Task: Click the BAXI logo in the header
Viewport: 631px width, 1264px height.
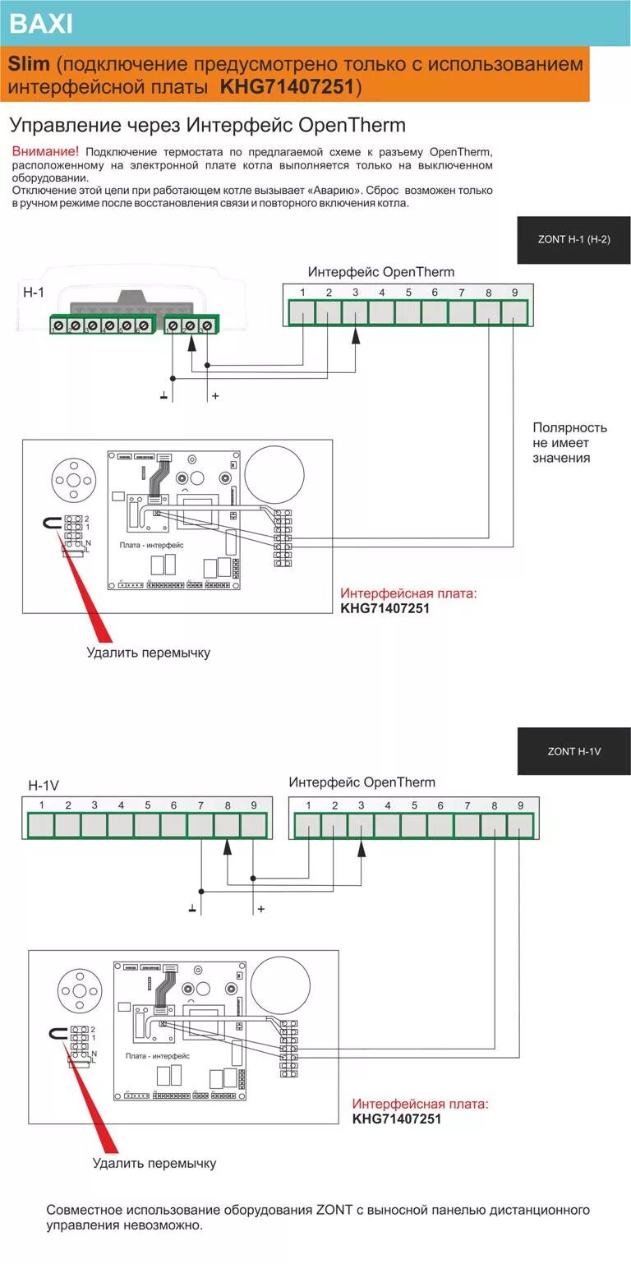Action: click(x=41, y=24)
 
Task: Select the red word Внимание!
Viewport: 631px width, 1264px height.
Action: click(x=46, y=151)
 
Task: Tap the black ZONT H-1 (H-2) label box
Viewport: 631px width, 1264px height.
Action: click(x=573, y=240)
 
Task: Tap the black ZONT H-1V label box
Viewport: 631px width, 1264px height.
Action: click(x=573, y=751)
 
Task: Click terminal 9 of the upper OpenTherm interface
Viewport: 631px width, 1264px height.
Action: click(x=514, y=311)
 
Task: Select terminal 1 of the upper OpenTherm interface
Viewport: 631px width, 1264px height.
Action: click(x=302, y=311)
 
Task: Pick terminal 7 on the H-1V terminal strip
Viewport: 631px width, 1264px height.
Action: click(x=200, y=823)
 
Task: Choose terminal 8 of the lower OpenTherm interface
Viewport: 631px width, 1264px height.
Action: click(x=494, y=824)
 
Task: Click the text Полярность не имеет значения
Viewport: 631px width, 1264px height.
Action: click(x=569, y=443)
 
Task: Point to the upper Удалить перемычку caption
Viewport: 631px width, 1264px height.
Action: click(x=149, y=653)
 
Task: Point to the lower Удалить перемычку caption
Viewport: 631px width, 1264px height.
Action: click(x=154, y=1163)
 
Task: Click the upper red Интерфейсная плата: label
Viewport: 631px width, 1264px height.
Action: click(x=408, y=593)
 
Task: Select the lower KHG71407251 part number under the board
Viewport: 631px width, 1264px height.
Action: click(x=397, y=1119)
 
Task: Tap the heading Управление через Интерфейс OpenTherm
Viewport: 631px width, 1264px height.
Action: click(x=207, y=125)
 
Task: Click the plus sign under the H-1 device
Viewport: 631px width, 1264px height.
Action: click(x=215, y=396)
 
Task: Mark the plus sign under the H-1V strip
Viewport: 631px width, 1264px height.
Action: click(x=261, y=909)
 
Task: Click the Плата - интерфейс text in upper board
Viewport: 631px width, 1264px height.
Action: click(x=151, y=545)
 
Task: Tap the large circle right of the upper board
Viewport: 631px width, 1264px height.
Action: click(x=277, y=473)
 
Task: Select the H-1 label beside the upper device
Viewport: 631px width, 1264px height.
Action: click(x=33, y=292)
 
